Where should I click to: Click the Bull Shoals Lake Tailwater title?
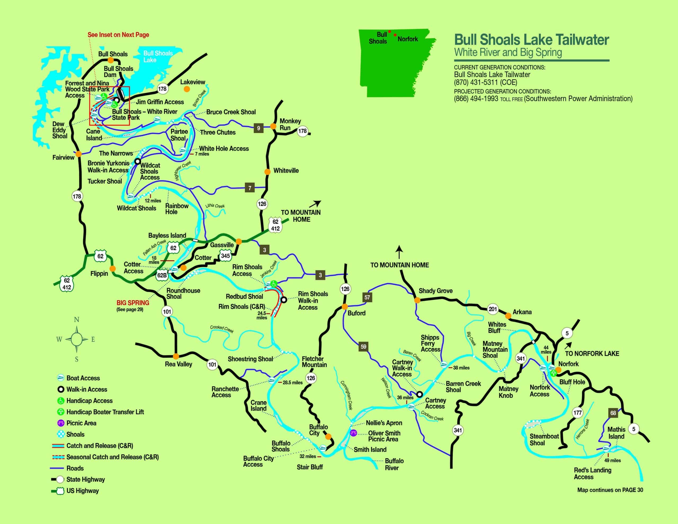tap(532, 40)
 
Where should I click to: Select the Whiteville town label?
tap(286, 171)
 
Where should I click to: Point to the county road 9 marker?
tap(258, 128)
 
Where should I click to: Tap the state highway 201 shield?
tap(493, 309)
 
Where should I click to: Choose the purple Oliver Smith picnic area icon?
tap(353, 433)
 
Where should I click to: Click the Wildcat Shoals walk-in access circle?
tap(137, 162)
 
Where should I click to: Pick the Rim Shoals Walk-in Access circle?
tap(284, 300)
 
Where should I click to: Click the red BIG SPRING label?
tap(133, 303)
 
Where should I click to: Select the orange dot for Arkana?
tap(508, 316)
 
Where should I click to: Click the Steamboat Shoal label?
tap(544, 439)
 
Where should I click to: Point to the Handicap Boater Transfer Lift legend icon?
tap(61, 412)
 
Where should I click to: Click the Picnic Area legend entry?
tap(81, 423)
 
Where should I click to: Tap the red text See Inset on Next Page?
tap(118, 35)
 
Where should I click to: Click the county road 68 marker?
tap(613, 413)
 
